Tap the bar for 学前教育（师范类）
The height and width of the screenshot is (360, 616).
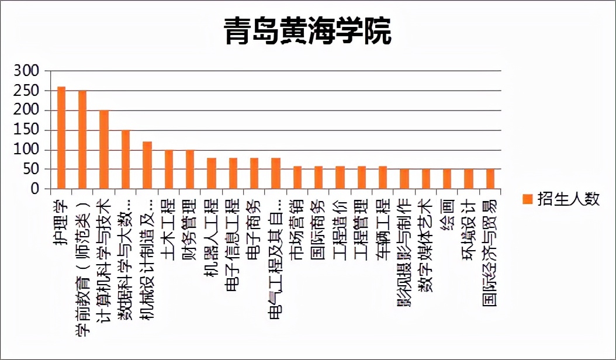(82, 140)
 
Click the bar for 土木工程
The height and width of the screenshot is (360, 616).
(169, 169)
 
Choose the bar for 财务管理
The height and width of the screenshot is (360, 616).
(190, 169)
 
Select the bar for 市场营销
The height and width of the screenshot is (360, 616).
(297, 178)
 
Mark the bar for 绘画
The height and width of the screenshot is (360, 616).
(447, 179)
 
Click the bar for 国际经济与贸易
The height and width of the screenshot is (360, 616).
(490, 179)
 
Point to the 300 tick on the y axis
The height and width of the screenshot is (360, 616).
(26, 71)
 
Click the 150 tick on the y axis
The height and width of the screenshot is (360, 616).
(26, 130)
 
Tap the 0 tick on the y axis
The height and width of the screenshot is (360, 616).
(34, 189)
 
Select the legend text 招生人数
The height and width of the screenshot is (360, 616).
(569, 199)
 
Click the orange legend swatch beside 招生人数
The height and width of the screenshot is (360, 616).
(528, 200)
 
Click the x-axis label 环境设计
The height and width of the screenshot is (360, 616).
(469, 228)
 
